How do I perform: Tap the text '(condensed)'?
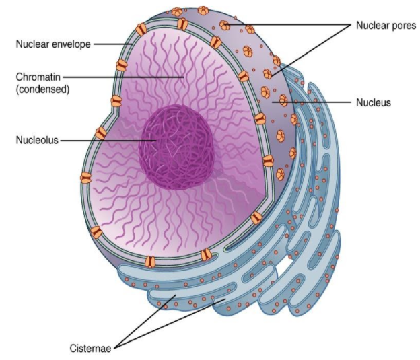tap(43, 88)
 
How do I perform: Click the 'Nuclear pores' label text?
tap(386, 25)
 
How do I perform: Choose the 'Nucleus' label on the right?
tap(374, 103)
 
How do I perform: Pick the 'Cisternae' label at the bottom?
tap(92, 349)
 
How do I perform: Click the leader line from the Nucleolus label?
tap(108, 141)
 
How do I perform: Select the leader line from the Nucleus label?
tap(316, 103)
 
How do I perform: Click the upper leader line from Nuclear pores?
tap(289, 25)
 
